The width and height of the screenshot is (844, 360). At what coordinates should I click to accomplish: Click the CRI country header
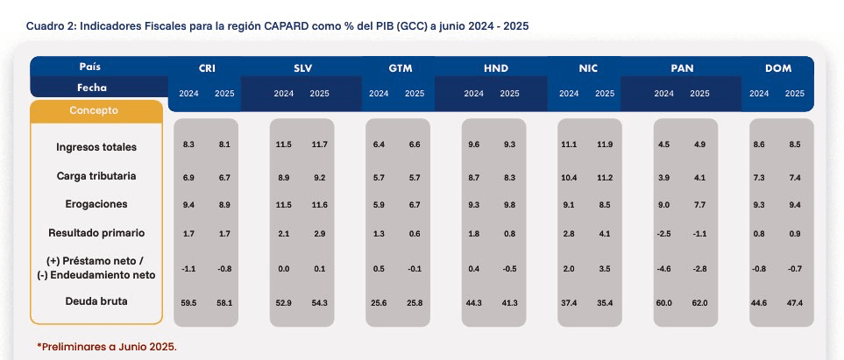coord(207,68)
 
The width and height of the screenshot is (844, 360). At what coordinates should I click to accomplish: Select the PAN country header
coord(682,68)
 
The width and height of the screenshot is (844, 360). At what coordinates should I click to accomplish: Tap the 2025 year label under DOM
coord(794,93)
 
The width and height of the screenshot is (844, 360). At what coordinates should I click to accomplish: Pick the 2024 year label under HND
coord(473,93)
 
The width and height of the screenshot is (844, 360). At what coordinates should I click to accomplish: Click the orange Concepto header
coord(94,110)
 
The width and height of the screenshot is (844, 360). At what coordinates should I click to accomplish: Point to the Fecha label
coord(92,88)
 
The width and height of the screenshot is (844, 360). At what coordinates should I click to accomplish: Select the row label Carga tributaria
coord(96,176)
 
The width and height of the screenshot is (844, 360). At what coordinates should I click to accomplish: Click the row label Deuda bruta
coord(96,301)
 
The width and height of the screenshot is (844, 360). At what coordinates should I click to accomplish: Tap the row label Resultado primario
coord(96,233)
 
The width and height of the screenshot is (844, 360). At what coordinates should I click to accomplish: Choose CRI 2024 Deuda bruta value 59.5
coord(188,303)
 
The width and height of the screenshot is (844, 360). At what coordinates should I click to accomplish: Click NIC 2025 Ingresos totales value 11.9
coord(605,145)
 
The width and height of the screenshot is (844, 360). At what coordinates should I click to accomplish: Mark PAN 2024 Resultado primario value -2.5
coord(663,234)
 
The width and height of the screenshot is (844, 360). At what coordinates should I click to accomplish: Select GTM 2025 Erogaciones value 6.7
coord(415,204)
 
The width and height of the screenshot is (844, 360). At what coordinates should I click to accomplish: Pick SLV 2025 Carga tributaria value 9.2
coord(319,178)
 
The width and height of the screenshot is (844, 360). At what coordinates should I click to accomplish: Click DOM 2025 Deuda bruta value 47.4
coord(794,303)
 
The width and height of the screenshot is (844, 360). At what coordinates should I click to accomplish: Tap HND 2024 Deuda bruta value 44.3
coord(473,303)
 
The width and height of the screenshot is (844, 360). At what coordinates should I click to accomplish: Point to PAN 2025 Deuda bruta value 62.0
coord(699,303)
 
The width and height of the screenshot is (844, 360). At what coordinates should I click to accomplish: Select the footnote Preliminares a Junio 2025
coord(107,347)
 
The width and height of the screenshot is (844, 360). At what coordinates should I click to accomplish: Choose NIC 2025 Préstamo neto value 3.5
coord(605,269)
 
